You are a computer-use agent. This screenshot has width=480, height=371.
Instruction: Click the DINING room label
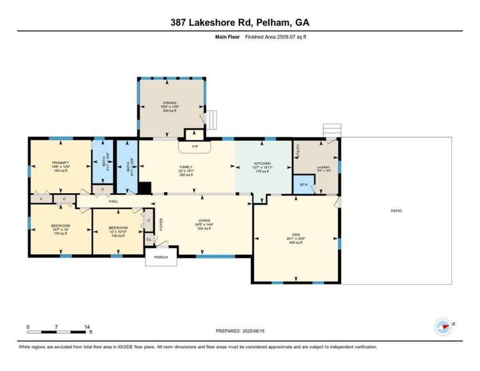coord(170,103)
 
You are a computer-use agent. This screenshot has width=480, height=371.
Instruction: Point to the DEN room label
coord(296,234)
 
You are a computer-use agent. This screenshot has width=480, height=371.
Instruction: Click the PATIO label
coord(396,211)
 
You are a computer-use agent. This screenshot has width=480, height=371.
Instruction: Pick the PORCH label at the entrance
coord(161,258)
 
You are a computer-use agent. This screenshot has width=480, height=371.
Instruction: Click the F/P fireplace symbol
coord(195,147)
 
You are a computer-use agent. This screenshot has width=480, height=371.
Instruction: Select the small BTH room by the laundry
coord(303,185)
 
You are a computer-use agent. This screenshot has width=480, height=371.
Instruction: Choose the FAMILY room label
coord(186,167)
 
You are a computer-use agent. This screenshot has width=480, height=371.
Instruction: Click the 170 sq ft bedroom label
coord(60,226)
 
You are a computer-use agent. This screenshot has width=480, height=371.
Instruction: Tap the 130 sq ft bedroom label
coord(118,228)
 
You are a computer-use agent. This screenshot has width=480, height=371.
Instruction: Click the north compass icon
coord(443,326)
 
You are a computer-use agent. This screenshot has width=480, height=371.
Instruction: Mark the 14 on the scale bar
coord(87,327)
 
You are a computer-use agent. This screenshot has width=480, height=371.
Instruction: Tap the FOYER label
coord(162,222)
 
